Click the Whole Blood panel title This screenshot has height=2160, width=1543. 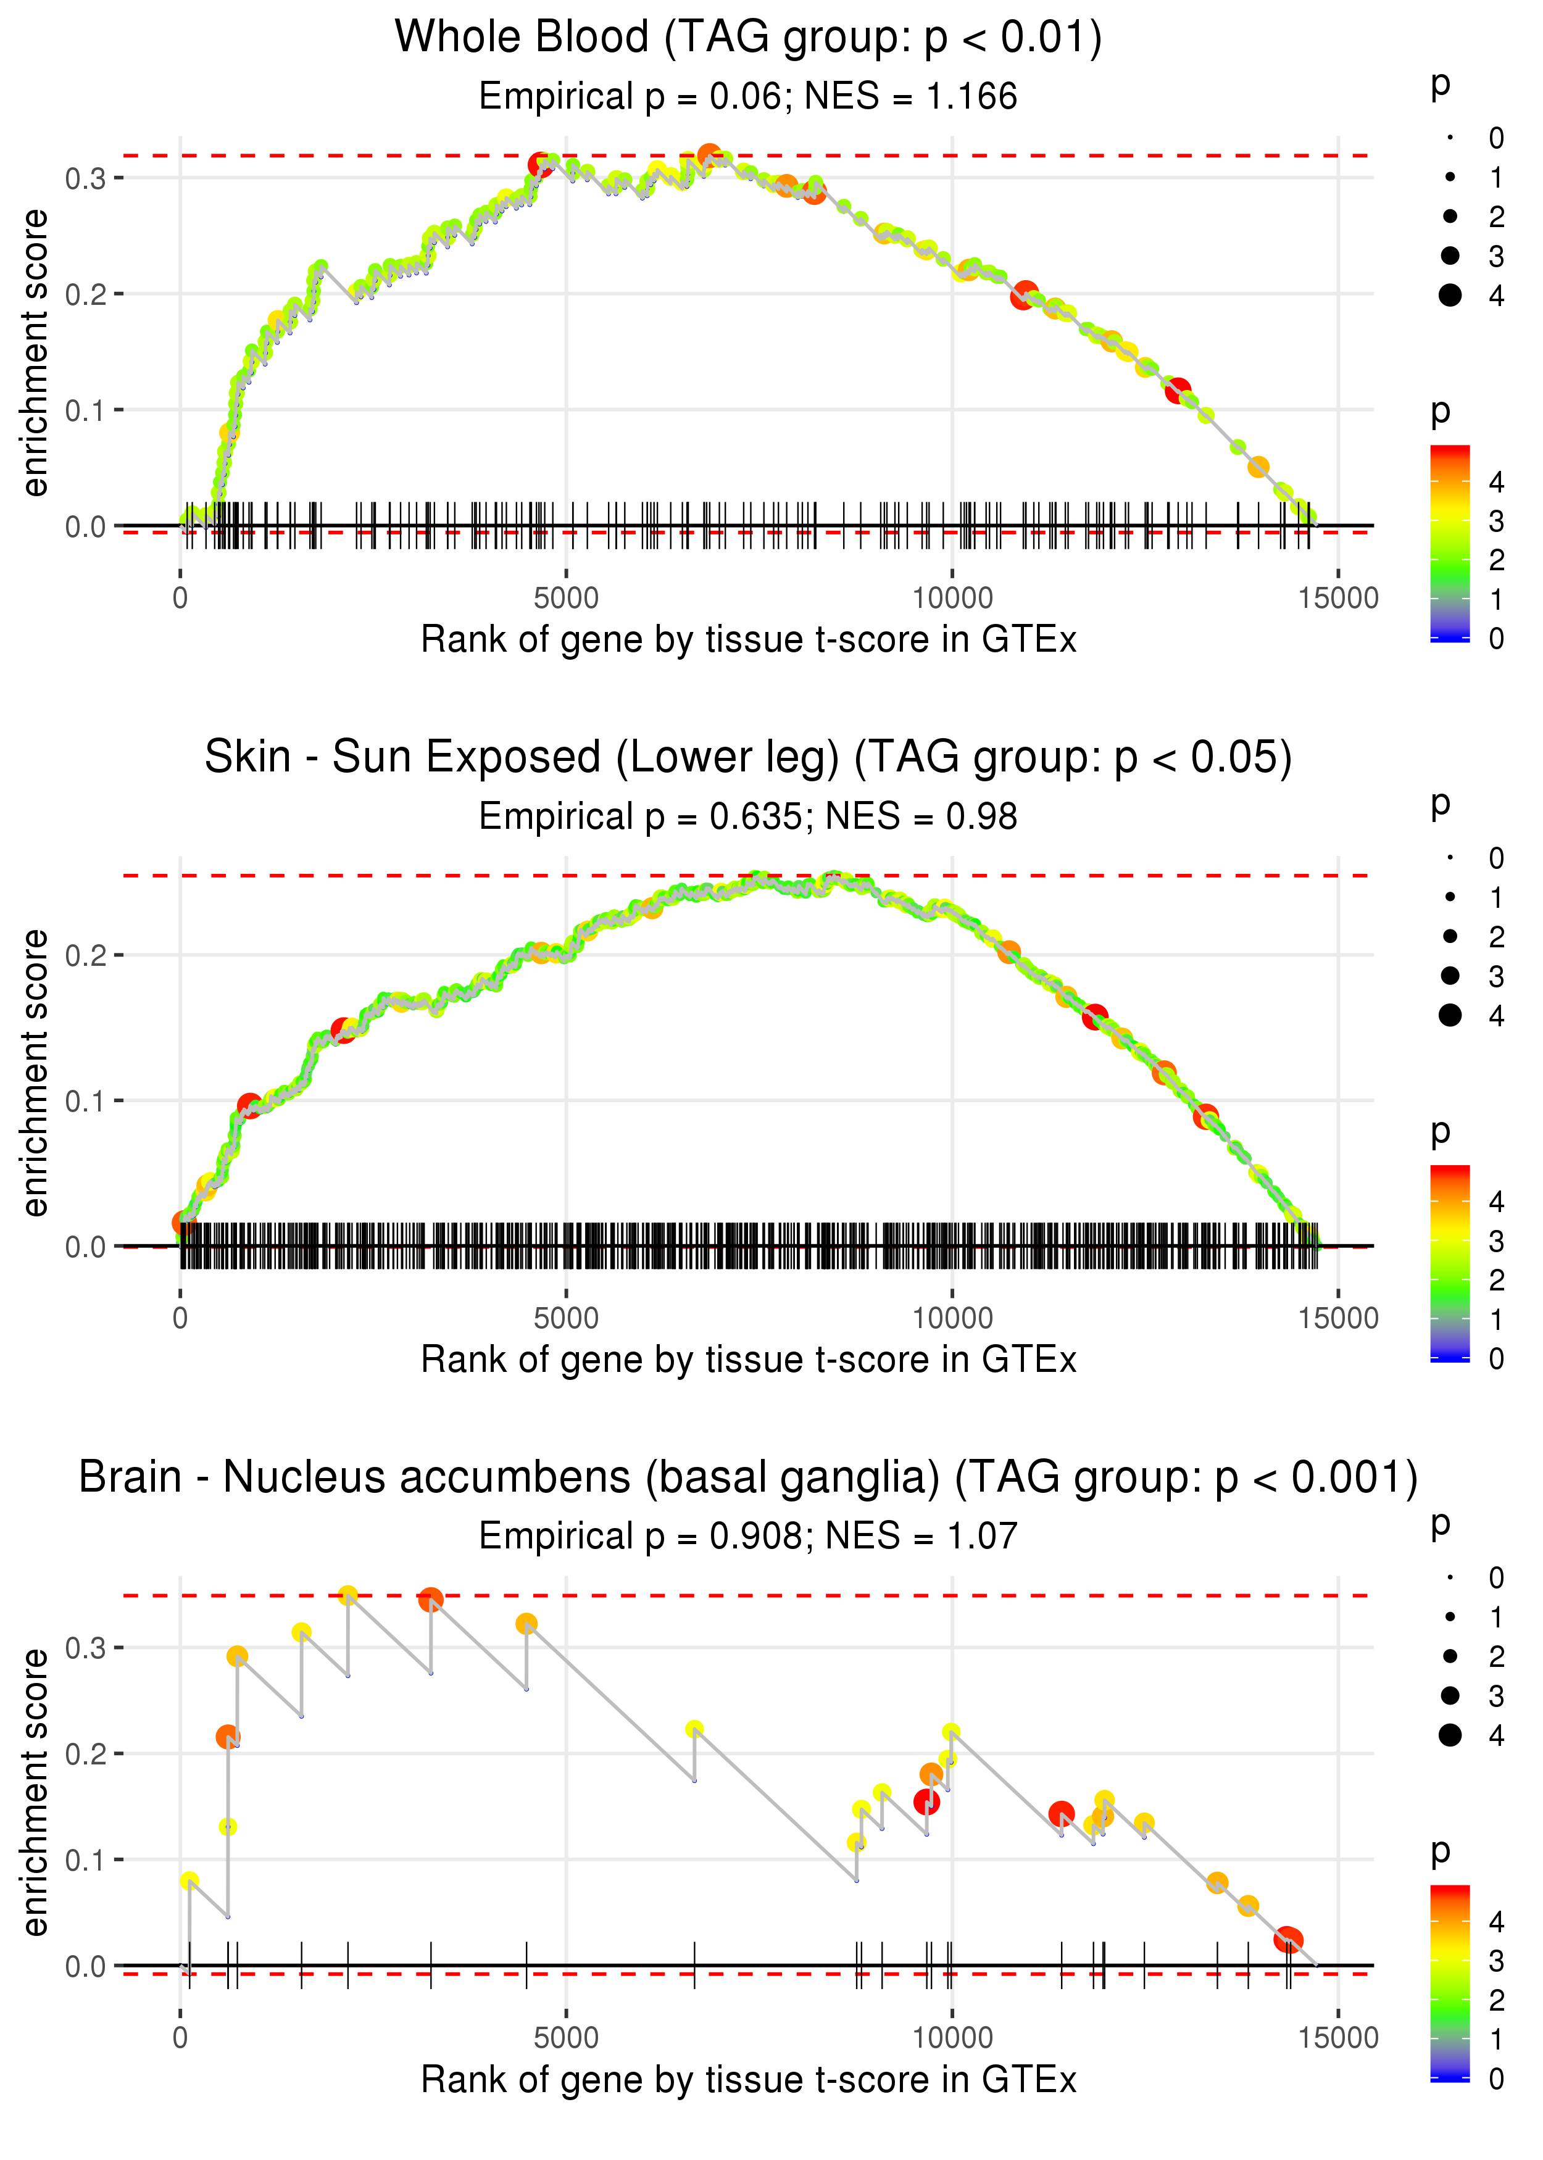click(748, 38)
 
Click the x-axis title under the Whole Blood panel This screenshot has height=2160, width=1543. click(748, 639)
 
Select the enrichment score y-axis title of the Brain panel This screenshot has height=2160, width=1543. click(35, 1792)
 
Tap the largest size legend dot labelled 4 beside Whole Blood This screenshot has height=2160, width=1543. click(1450, 296)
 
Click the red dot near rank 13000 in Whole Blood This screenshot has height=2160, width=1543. click(1178, 389)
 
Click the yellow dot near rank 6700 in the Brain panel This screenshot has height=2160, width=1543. click(694, 1729)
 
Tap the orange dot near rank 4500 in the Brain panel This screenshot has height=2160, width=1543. click(526, 1623)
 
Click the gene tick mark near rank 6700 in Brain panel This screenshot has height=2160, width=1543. click(694, 1964)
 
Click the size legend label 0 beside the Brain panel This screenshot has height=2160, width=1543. click(1497, 1578)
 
